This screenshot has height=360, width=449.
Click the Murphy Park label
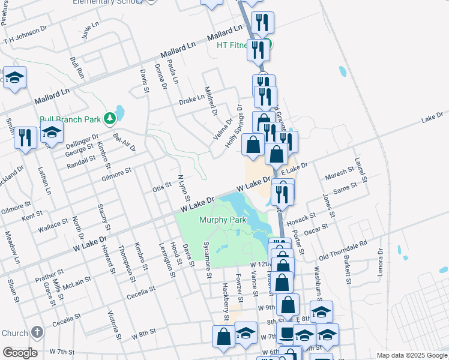click(223, 220)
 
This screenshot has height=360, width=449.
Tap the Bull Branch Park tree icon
click(109, 119)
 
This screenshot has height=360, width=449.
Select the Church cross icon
click(37, 332)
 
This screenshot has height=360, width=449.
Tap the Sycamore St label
click(208, 262)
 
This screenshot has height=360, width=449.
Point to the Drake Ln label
click(192, 100)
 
